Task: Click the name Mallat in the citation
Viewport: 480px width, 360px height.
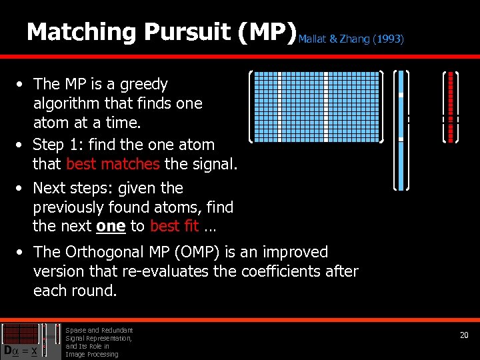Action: (x=312, y=39)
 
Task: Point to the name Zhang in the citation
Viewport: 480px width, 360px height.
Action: (x=354, y=39)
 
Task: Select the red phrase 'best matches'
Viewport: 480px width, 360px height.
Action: (x=113, y=163)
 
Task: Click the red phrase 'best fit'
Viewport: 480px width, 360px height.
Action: (x=174, y=226)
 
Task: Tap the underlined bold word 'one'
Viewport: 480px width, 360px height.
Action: (x=111, y=226)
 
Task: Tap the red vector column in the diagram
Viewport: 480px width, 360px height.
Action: (x=451, y=107)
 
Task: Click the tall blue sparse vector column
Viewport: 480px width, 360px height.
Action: (x=401, y=130)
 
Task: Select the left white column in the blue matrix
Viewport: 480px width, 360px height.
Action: (x=279, y=107)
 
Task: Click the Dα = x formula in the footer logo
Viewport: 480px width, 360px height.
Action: (x=20, y=349)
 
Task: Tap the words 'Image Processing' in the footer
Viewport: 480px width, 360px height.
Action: (x=91, y=354)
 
